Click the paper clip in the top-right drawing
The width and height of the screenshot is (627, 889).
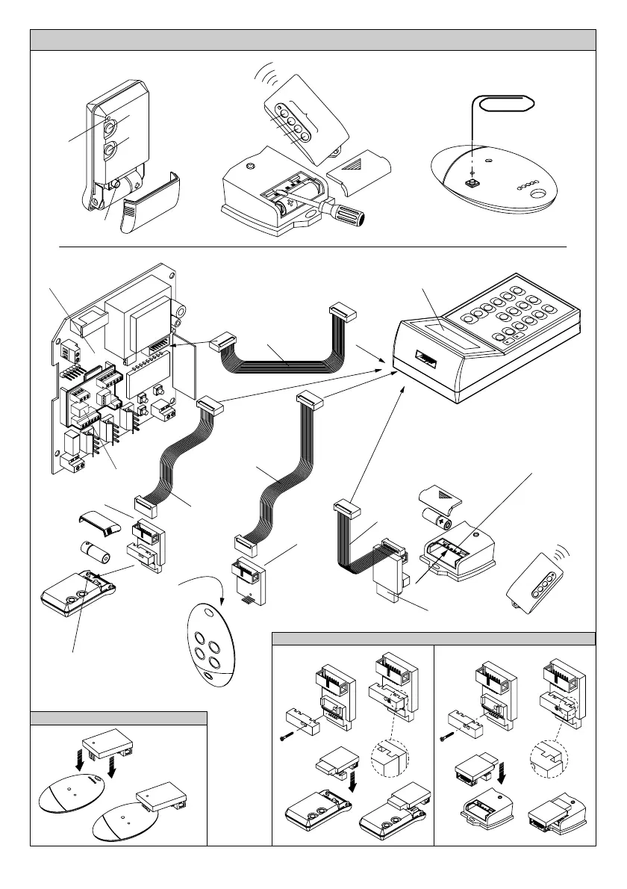[507, 104]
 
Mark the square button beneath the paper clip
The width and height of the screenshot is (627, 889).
[473, 180]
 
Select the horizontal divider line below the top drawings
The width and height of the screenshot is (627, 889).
[313, 244]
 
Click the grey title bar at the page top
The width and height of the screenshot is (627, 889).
[313, 40]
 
